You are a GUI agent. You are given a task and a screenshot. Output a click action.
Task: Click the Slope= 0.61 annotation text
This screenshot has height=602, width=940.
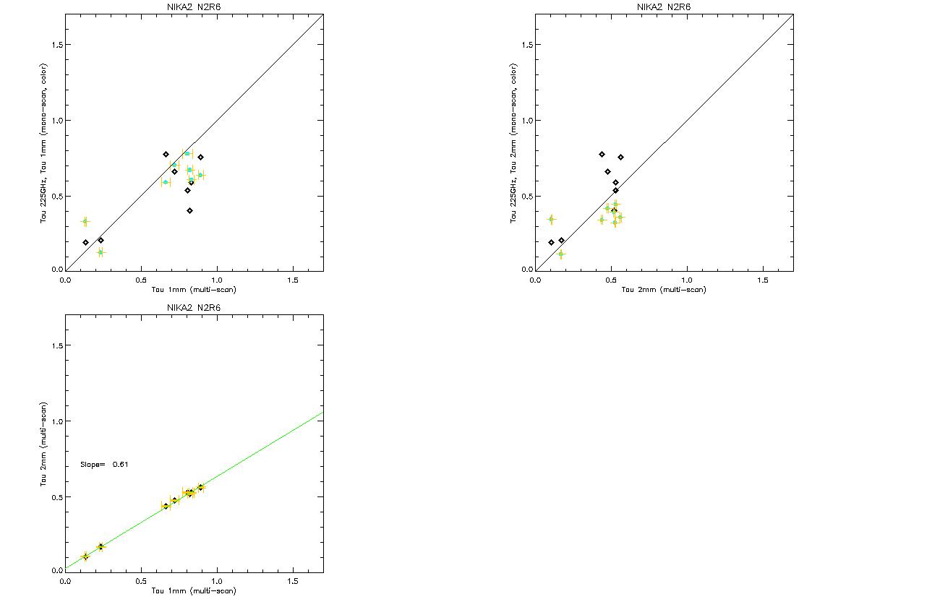[x=105, y=464]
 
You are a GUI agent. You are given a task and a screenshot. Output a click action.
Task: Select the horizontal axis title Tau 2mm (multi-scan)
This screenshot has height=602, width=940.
[x=664, y=290]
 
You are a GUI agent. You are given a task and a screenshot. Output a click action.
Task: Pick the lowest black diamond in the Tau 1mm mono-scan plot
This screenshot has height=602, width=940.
[x=189, y=211]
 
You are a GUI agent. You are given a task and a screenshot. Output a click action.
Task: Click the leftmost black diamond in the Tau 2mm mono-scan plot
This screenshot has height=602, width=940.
[x=551, y=242]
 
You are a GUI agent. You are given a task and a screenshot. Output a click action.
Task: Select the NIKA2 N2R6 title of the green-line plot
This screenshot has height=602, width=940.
[x=194, y=308]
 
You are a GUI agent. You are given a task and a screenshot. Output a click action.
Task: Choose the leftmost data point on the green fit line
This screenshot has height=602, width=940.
[x=85, y=556]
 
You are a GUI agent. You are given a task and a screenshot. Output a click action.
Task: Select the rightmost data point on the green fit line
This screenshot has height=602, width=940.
[x=200, y=487]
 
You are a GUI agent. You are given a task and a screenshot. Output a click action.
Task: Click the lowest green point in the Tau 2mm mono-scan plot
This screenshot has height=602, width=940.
[x=560, y=254]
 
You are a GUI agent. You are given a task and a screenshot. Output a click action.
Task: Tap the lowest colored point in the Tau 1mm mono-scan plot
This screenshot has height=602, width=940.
[x=101, y=252]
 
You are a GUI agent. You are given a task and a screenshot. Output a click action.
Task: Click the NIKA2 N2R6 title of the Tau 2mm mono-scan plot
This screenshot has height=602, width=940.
[x=664, y=7]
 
